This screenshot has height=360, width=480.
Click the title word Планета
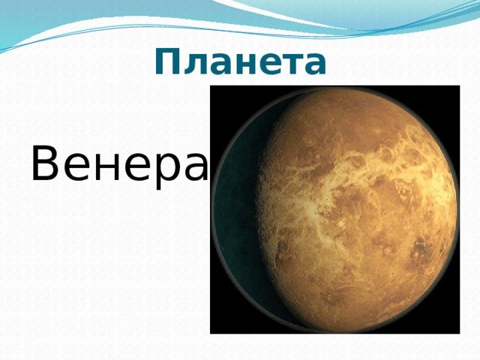pos(240,61)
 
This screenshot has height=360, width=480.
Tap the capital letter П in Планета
pos(167,61)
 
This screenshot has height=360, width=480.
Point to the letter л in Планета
pos(195,64)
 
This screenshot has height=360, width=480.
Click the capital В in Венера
pos(45,163)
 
